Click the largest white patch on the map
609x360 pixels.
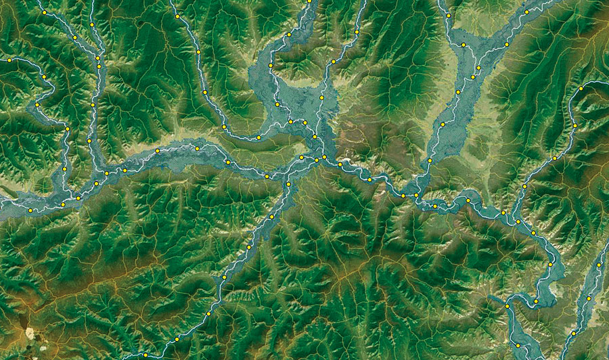[x=30, y=332]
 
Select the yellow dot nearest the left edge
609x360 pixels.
[x=10, y=60]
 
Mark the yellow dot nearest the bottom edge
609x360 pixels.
[x=145, y=355]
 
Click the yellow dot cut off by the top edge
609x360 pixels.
[x=309, y=1]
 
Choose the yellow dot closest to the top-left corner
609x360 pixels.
[x=45, y=13]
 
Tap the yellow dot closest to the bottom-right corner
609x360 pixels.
[x=573, y=333]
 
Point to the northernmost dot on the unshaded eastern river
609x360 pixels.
[x=581, y=89]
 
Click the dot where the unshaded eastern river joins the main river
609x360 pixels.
[x=503, y=212]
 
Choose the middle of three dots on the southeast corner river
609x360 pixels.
[x=589, y=298]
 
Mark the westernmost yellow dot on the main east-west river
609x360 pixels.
[x=31, y=210]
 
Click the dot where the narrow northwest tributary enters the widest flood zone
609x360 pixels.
[x=258, y=137]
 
